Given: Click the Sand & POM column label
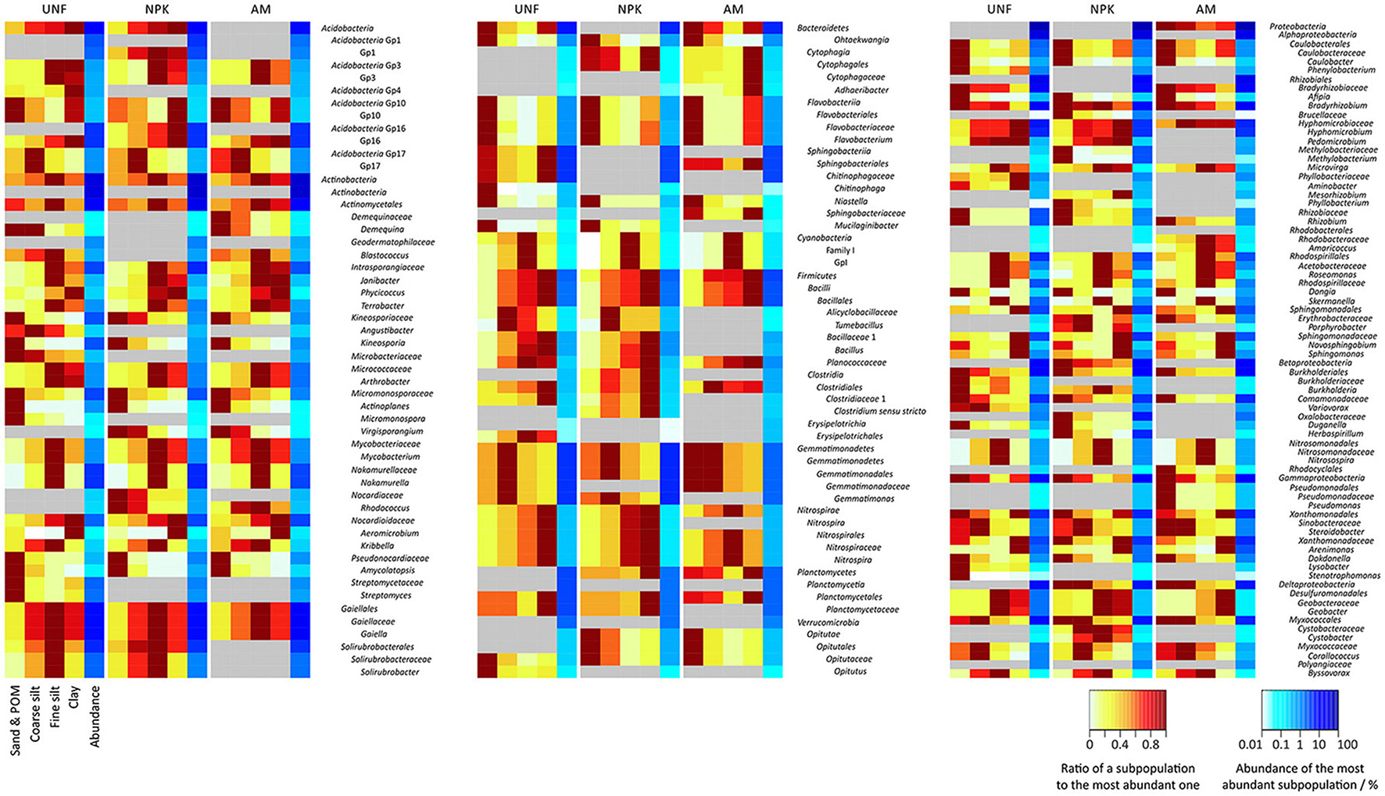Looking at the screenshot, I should click(x=16, y=721).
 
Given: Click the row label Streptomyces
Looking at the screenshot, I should click(x=386, y=596).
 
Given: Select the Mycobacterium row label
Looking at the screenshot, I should click(x=390, y=457).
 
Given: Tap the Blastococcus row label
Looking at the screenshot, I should click(x=385, y=255).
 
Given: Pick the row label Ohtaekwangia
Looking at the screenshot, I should click(x=861, y=40).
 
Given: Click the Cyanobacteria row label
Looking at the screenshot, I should click(x=824, y=238).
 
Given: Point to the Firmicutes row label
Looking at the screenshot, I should click(x=816, y=276).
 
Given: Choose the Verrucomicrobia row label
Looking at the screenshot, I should click(x=828, y=623).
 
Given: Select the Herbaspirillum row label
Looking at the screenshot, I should click(x=1336, y=434).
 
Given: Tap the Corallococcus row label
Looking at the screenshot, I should click(x=1334, y=656).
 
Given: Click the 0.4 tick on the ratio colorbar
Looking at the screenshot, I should click(x=1119, y=744).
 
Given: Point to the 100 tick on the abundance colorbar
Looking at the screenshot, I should click(x=1347, y=744).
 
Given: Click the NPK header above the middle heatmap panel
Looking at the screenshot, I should click(x=629, y=9).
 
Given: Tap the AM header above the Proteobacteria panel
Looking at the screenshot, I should click(x=1205, y=9).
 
